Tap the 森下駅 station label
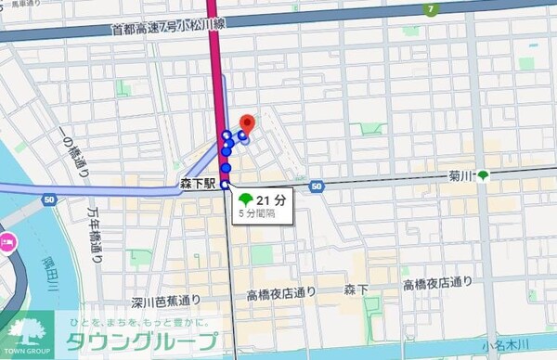(198, 185)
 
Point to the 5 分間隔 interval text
(258, 213)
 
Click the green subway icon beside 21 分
(244, 199)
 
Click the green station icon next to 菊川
(483, 175)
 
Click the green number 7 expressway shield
(430, 9)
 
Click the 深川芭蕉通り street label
(166, 301)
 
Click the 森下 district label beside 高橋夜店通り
(357, 291)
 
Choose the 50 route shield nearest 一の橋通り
(48, 198)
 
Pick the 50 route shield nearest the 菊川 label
(317, 187)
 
